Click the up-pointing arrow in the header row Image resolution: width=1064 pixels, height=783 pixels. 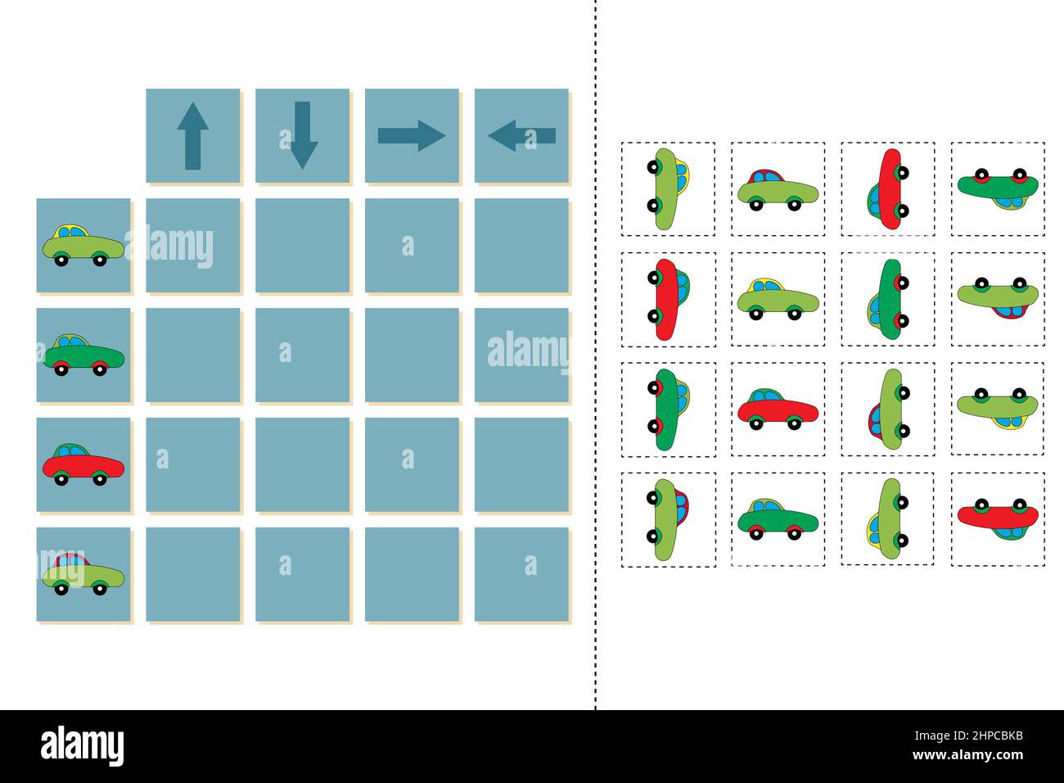tap(192, 136)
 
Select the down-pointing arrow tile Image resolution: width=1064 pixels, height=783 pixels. tap(303, 136)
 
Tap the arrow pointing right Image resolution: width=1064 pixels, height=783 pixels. tap(412, 136)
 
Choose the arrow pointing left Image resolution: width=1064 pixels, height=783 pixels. tap(521, 136)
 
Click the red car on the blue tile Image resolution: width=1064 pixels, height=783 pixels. tap(83, 464)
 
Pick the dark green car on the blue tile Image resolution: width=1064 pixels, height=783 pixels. tap(83, 355)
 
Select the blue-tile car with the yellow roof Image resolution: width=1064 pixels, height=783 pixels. tap(83, 245)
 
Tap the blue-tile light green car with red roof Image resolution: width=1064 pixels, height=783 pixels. tap(83, 574)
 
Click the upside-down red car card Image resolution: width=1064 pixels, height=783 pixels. tap(998, 518)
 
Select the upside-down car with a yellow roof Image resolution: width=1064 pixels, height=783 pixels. tap(998, 409)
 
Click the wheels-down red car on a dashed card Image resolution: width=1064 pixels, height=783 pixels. tap(778, 409)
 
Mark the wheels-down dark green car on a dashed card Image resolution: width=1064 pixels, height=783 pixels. tap(778, 518)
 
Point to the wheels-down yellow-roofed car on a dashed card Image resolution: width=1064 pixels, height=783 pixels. tap(778, 299)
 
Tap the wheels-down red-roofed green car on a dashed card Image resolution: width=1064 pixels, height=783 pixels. tap(778, 189)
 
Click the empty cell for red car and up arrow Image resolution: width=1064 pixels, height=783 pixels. tap(192, 464)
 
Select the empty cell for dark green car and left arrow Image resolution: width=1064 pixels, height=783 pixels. tap(521, 355)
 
